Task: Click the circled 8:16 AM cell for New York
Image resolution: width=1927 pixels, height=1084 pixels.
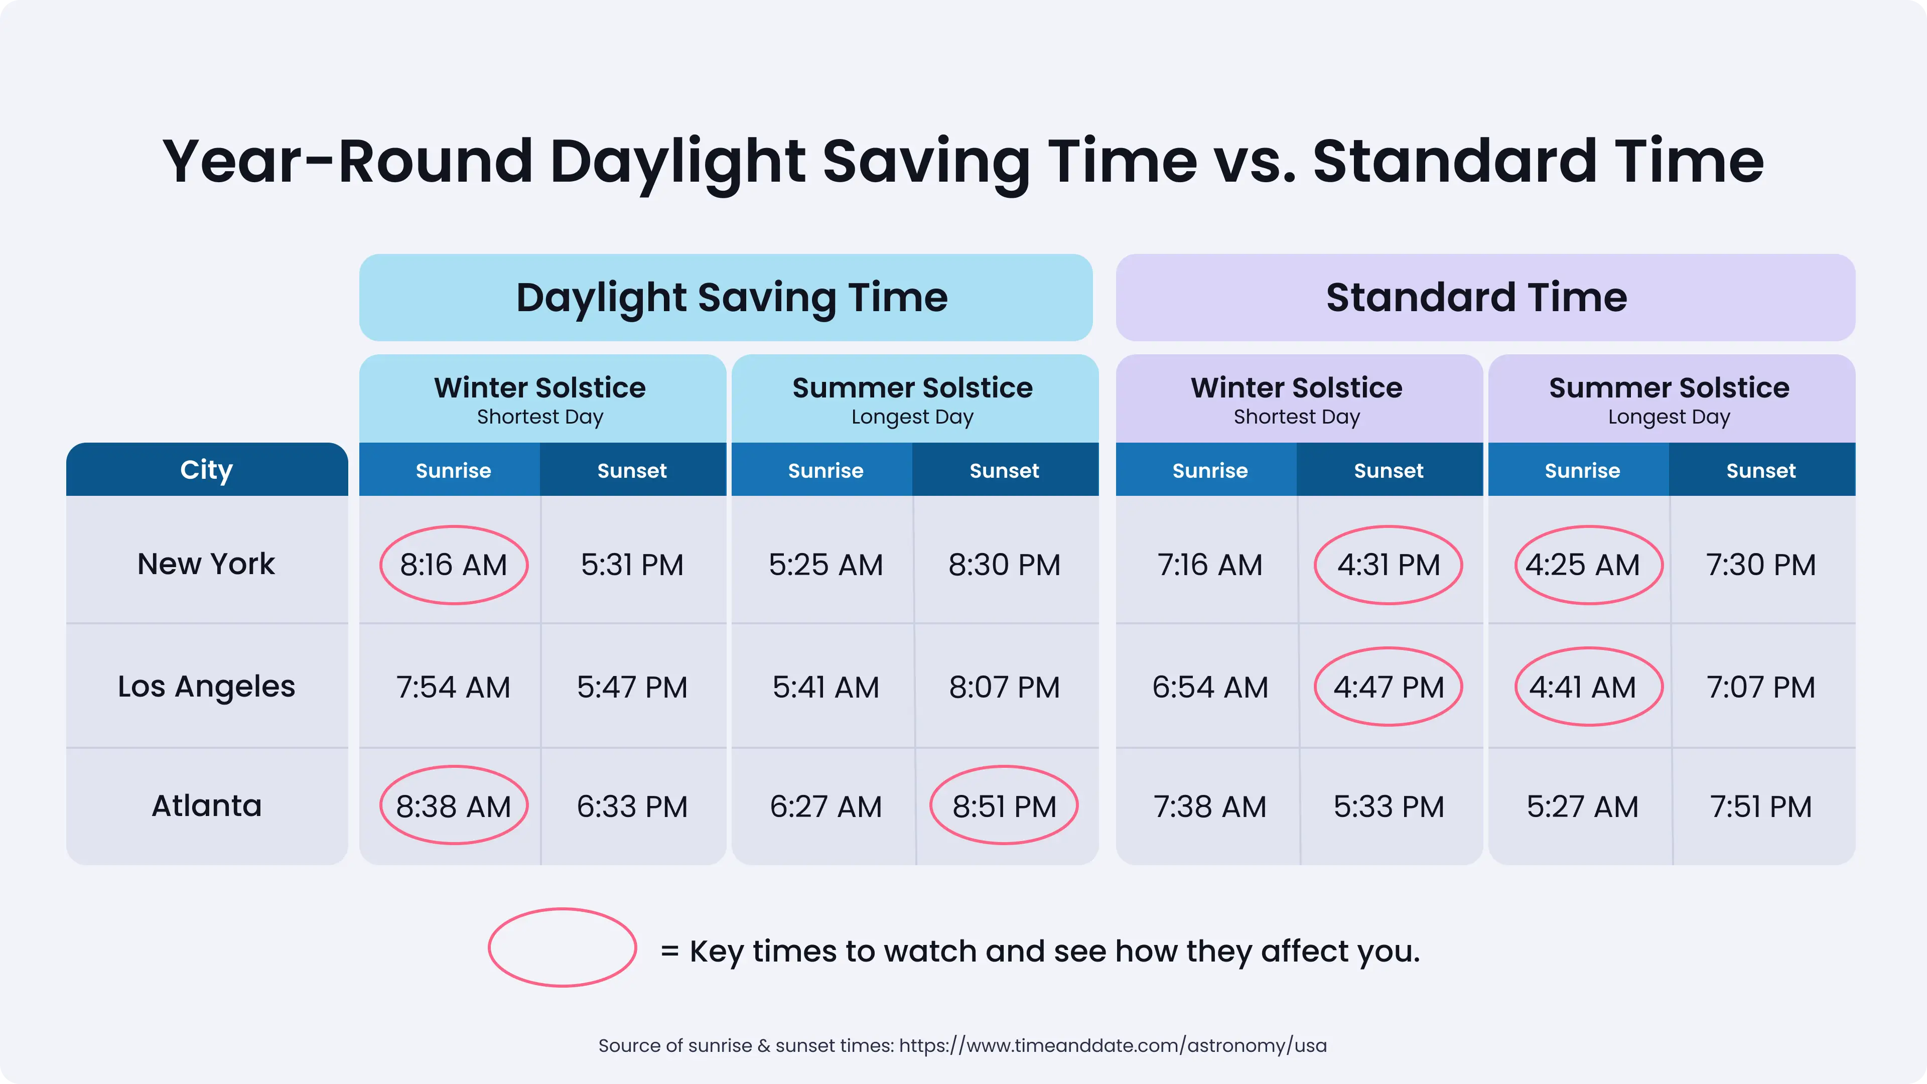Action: [453, 565]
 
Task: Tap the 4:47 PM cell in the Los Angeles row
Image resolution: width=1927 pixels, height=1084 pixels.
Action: [1389, 687]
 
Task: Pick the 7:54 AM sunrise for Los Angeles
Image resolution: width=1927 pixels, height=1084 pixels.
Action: [453, 687]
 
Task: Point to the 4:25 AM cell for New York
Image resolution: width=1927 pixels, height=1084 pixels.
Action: [1582, 565]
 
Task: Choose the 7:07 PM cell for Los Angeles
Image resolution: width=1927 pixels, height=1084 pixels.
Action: [1761, 687]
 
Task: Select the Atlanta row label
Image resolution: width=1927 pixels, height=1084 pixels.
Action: [206, 805]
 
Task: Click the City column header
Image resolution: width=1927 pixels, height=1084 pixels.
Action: [206, 470]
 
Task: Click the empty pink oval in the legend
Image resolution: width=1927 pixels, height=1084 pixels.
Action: [563, 947]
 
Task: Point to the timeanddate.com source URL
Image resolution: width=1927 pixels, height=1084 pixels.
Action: [1113, 1045]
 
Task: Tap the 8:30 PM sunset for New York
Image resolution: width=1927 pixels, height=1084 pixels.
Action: [1004, 565]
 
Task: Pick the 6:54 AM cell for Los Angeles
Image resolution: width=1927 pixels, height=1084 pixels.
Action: [1209, 687]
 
